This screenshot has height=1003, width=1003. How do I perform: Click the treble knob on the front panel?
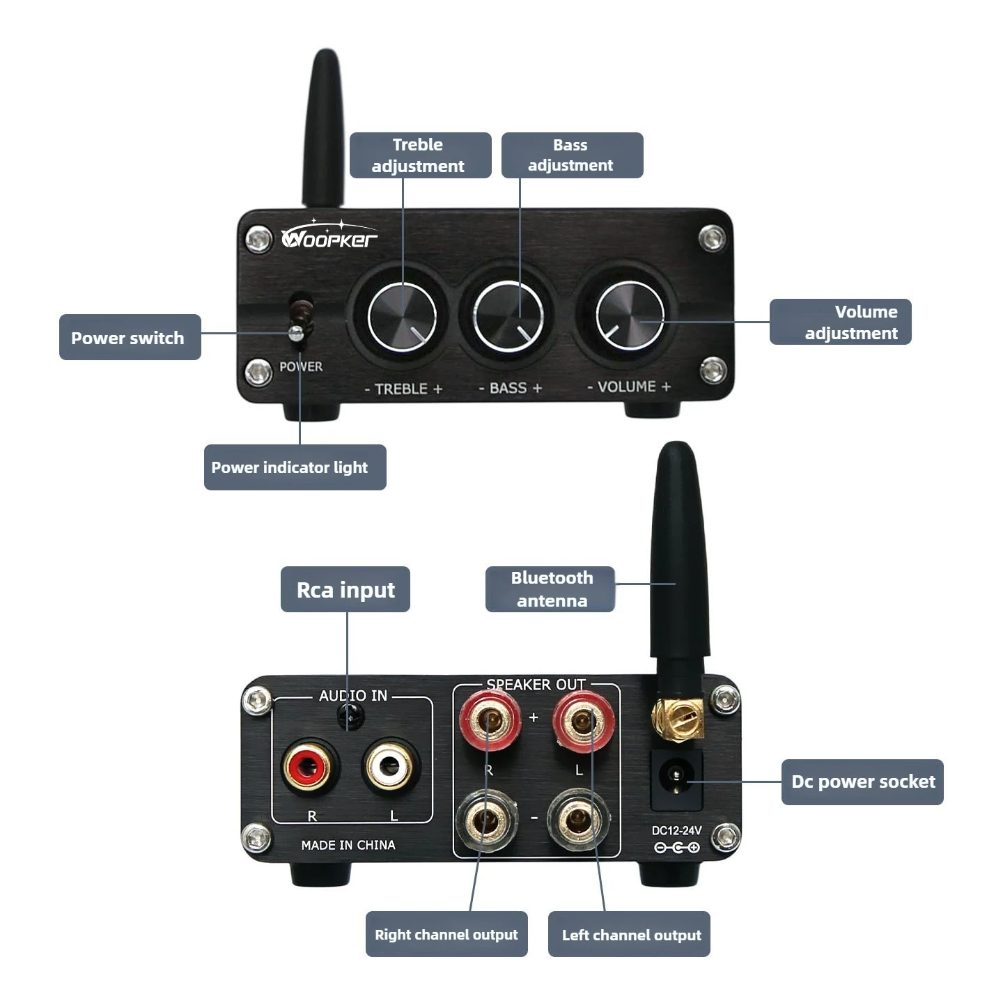[x=402, y=316]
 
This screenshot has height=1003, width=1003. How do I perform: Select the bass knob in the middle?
[x=508, y=316]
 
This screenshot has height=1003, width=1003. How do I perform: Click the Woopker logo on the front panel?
[x=329, y=236]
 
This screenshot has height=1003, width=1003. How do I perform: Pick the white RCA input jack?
[x=390, y=767]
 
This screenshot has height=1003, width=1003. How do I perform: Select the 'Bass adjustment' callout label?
[x=572, y=155]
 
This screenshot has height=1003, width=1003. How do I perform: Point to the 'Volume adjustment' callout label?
[x=840, y=322]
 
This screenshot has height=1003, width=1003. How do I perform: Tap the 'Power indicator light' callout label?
[x=295, y=467]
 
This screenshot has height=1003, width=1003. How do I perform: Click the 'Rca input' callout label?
[x=345, y=589]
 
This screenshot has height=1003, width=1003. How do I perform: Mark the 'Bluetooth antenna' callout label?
[x=550, y=589]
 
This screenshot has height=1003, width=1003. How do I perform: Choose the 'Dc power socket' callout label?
[x=862, y=782]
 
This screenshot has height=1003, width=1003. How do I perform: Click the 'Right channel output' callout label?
[x=446, y=934]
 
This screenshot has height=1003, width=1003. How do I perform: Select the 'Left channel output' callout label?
[x=629, y=934]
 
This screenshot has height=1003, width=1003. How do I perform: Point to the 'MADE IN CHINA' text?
[x=348, y=845]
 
